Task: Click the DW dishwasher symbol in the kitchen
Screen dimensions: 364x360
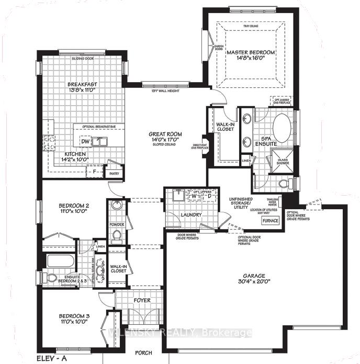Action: [x=84, y=142]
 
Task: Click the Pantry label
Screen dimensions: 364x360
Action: [x=112, y=174]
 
